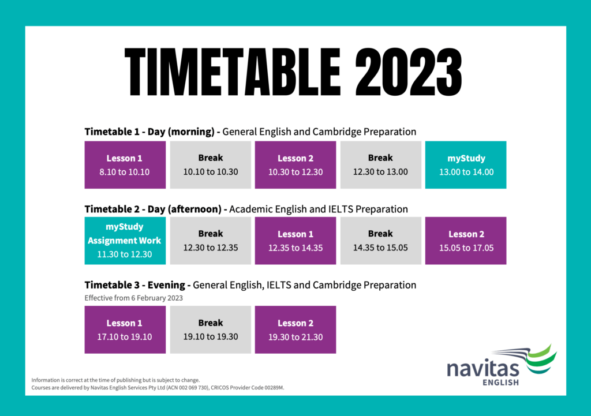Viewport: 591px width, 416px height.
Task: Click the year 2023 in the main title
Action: (x=409, y=72)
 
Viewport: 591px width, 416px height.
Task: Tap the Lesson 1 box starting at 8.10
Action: (x=125, y=165)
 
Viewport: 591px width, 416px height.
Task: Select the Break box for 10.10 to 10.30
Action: (x=210, y=165)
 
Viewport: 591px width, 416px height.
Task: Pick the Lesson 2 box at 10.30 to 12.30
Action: (x=295, y=165)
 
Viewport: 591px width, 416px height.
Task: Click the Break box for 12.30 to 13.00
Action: (x=381, y=165)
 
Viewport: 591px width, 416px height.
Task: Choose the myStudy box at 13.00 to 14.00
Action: (x=466, y=165)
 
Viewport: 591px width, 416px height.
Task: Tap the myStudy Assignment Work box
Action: (x=125, y=241)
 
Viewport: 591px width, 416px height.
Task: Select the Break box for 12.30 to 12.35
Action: (x=210, y=241)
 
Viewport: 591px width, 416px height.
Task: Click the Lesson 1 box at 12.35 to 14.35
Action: (x=295, y=241)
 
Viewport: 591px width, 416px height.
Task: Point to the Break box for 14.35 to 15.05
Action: (x=381, y=241)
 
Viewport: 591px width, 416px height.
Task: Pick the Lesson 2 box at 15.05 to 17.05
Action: (x=466, y=241)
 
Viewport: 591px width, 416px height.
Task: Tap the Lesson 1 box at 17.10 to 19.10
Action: (x=125, y=329)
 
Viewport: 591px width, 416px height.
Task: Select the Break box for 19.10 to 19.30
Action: (x=210, y=329)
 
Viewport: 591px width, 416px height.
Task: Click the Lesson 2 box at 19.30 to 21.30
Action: (x=295, y=329)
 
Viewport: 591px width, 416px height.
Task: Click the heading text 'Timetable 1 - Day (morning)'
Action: (x=149, y=132)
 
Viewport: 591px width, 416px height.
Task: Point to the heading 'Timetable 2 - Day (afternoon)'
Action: (x=153, y=209)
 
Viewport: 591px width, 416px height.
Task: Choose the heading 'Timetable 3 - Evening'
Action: (x=135, y=285)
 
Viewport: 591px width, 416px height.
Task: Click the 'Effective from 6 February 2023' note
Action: (x=134, y=298)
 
